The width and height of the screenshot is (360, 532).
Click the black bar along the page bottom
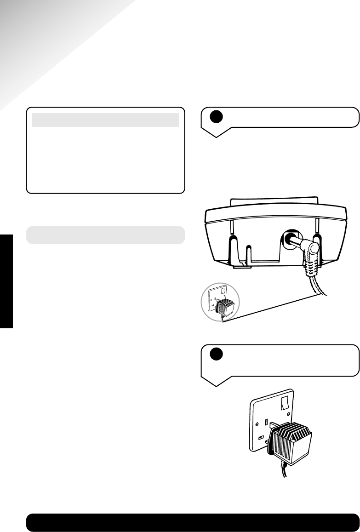193,522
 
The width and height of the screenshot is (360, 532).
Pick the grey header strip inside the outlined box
105,120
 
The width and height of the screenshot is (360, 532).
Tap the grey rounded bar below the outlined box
105,235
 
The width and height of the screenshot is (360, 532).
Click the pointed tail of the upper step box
217,133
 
